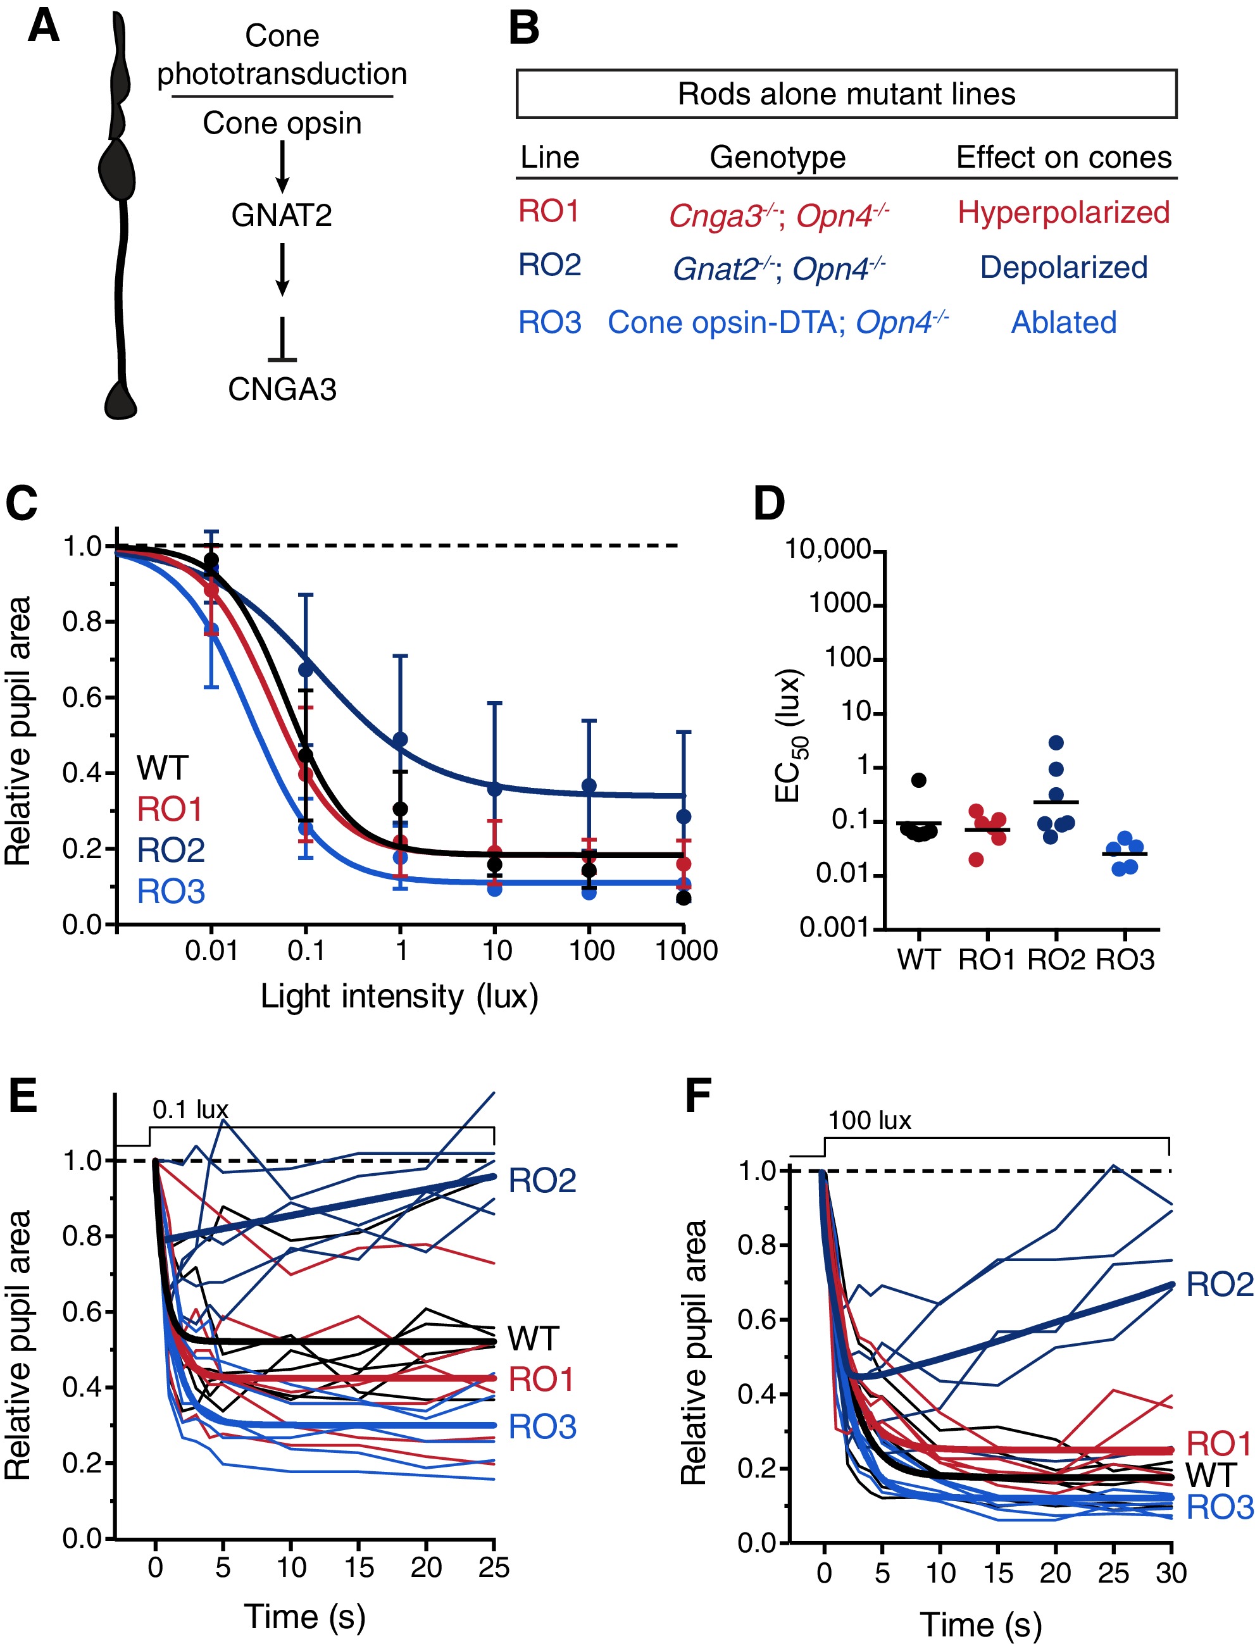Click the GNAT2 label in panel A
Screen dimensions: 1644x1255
click(282, 215)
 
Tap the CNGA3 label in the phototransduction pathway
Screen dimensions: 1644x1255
click(282, 389)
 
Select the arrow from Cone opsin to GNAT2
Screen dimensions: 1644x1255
click(282, 166)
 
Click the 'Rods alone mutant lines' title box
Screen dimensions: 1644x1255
click(846, 94)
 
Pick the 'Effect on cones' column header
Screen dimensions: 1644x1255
click(1063, 158)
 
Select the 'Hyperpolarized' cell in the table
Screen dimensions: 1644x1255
click(1063, 212)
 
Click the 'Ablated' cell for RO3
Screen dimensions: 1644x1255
click(1063, 323)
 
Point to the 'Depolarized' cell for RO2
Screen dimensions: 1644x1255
click(1063, 268)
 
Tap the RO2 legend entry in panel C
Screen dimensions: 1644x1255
click(170, 850)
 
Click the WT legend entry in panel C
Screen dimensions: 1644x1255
click(162, 768)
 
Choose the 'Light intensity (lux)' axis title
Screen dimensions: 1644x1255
click(399, 997)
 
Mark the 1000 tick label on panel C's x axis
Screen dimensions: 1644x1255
click(686, 951)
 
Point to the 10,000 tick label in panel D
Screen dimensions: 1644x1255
click(828, 550)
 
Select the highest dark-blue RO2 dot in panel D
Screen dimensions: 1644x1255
click(1056, 742)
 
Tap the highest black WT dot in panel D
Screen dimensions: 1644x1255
click(919, 780)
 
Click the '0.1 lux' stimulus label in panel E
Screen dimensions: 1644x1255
click(190, 1110)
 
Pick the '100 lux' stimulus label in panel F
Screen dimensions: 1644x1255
click(870, 1121)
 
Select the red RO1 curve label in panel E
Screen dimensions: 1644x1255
click(541, 1379)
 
